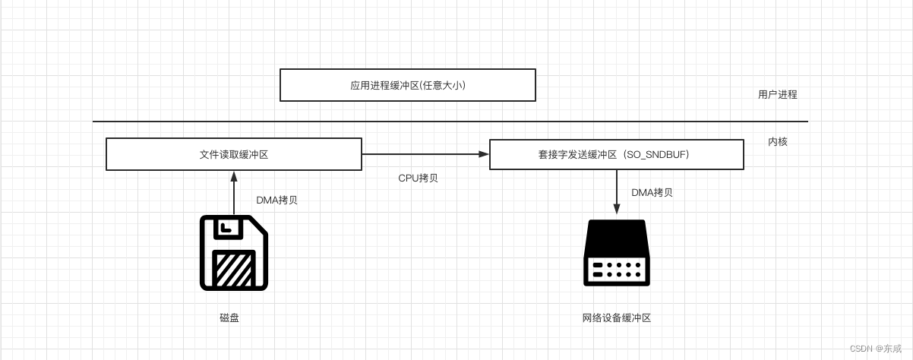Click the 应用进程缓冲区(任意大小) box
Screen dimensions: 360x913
407,85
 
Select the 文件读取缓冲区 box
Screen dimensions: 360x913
233,154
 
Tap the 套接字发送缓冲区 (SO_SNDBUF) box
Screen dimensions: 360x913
616,154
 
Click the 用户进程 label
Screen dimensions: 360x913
777,95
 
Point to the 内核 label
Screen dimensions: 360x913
777,141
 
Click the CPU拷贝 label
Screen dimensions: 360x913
418,178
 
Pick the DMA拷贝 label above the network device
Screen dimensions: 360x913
652,192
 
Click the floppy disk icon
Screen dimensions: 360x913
234,252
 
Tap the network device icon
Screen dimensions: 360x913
616,252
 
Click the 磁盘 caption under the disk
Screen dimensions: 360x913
229,317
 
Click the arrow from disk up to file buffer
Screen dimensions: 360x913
234,194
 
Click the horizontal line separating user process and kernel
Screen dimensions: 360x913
450,122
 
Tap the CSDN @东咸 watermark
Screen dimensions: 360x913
880,349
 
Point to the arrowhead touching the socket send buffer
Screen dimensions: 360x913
484,154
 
